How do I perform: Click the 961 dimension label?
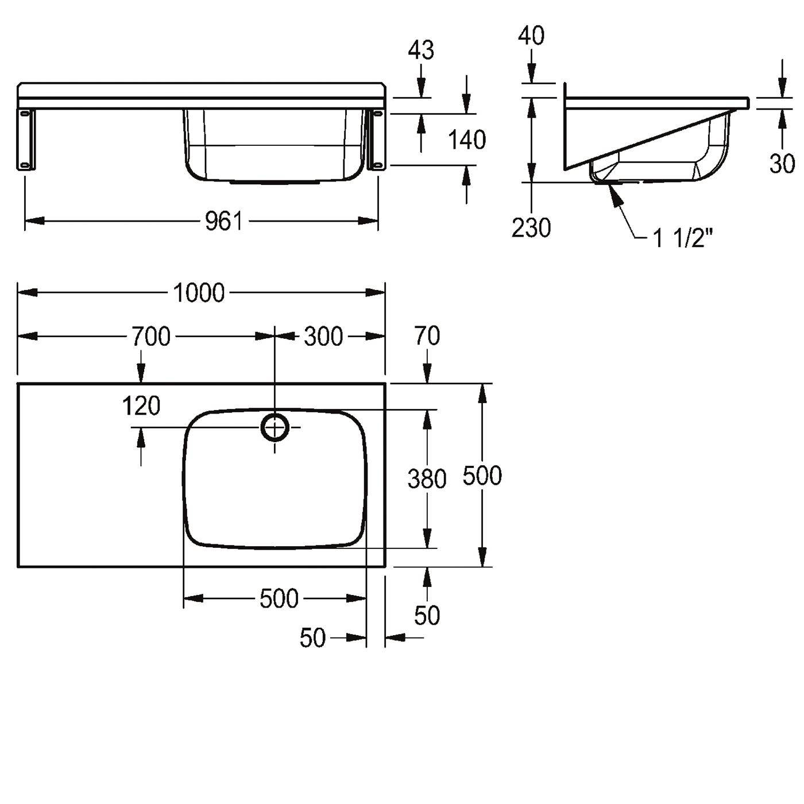(x=223, y=221)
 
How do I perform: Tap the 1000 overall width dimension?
(x=199, y=292)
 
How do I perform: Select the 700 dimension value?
(x=151, y=337)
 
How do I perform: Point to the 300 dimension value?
(x=323, y=337)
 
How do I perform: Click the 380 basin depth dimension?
(x=427, y=478)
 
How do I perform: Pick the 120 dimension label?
(x=141, y=406)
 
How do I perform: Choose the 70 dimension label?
(x=427, y=336)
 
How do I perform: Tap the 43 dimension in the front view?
(x=421, y=50)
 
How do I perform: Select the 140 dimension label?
(x=467, y=140)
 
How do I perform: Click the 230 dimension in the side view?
(x=531, y=228)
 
